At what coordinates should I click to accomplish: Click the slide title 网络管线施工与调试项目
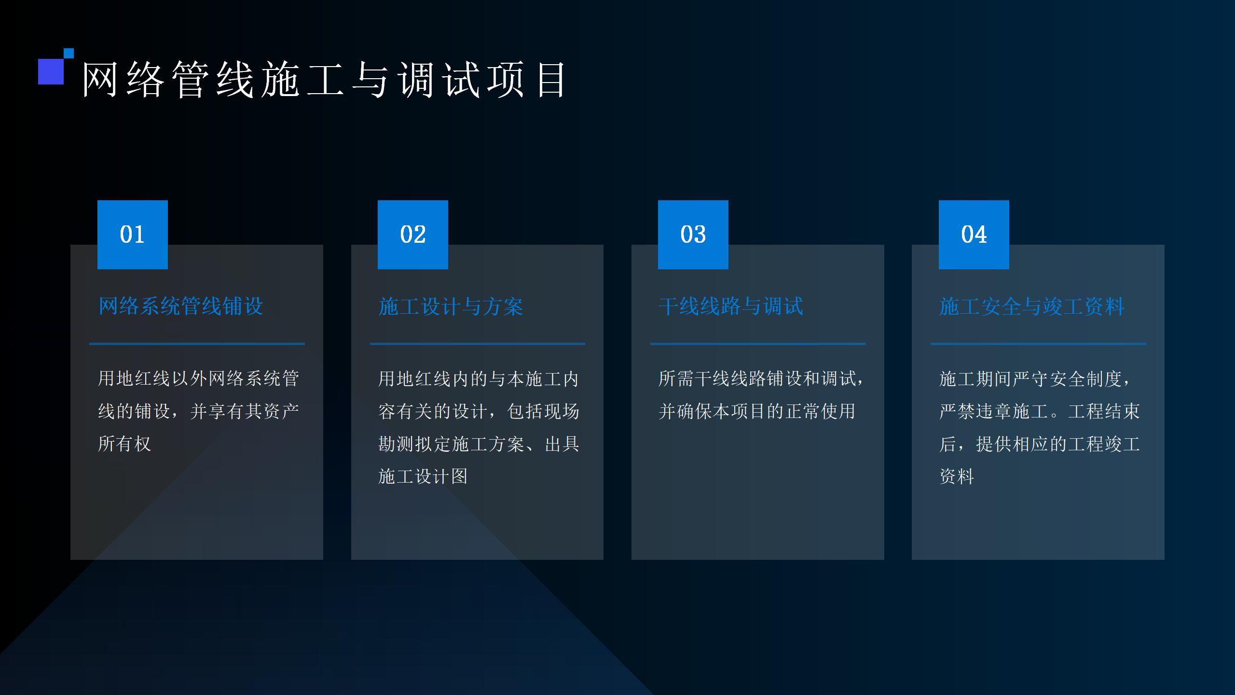point(324,80)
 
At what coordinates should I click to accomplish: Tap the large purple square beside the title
point(51,71)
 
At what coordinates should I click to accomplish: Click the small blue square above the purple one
point(69,53)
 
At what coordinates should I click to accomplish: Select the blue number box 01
point(133,235)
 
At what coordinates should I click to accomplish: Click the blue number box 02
point(413,235)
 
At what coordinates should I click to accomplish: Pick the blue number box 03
point(693,235)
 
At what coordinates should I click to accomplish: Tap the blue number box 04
point(974,235)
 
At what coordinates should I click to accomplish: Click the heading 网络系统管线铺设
point(181,306)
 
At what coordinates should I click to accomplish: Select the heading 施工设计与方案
point(451,306)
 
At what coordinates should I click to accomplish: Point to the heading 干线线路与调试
point(731,306)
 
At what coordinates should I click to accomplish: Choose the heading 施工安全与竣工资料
point(1032,306)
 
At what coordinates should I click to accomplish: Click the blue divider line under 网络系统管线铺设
point(197,344)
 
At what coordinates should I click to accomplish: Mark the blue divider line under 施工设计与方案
point(478,344)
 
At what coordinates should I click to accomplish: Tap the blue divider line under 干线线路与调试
point(758,344)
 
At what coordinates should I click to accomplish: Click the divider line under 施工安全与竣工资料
point(1038,344)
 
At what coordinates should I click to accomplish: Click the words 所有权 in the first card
point(125,444)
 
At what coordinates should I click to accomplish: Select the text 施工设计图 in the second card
point(423,476)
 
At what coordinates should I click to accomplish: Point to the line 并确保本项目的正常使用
point(757,411)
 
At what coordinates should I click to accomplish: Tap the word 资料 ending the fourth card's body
point(957,476)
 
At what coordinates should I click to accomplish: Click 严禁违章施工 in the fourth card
point(994,411)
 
